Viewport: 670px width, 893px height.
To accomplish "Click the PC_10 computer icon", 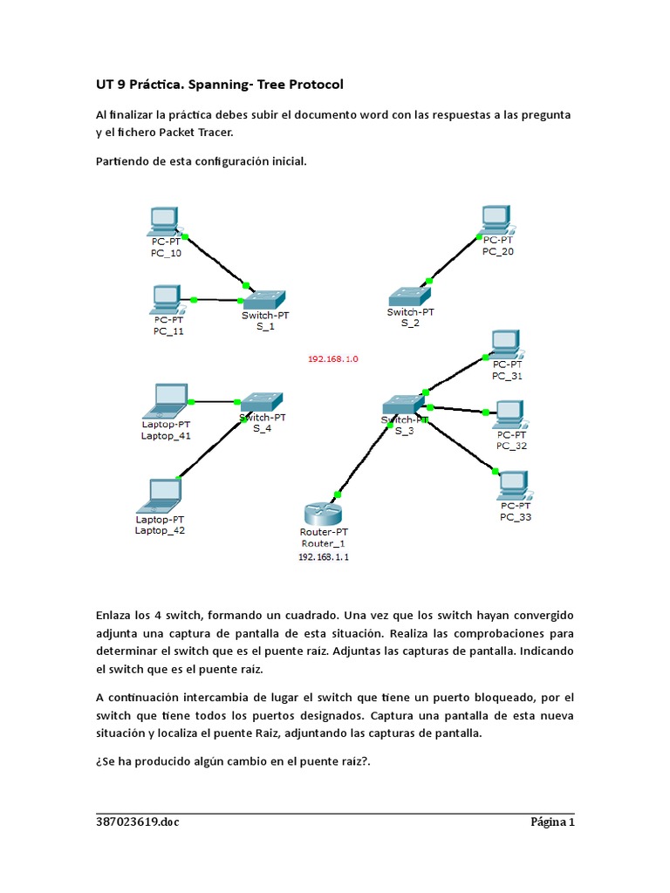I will pos(164,222).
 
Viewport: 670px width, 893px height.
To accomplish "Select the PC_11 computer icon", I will pos(166,299).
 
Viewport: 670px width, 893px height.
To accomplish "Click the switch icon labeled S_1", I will pos(264,298).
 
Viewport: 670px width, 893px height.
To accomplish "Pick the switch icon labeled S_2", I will pos(405,297).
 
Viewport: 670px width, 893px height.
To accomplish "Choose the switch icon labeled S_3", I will pos(404,404).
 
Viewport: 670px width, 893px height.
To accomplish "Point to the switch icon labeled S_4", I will pos(262,401).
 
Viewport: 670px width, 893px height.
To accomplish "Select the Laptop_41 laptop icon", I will pos(165,399).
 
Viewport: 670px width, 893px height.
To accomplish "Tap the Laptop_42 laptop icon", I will pos(161,494).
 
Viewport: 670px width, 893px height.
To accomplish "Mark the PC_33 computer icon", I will pos(513,485).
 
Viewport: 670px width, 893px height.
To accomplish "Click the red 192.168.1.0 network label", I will pos(332,358).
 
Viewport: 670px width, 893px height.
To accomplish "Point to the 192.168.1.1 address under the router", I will pos(324,556).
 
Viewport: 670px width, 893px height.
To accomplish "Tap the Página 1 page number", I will pos(553,821).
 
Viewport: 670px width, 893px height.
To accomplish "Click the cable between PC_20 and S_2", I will pos(454,258).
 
